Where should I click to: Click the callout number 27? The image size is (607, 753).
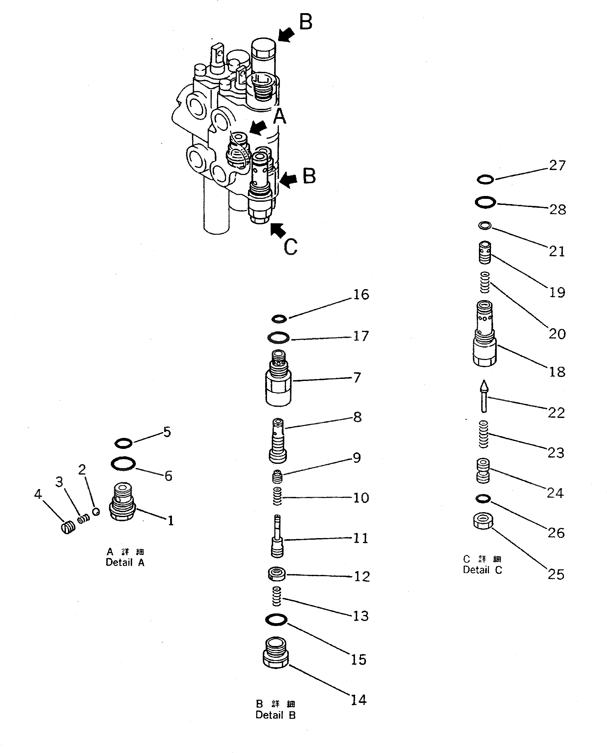click(x=557, y=165)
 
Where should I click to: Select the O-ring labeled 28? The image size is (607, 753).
click(x=485, y=202)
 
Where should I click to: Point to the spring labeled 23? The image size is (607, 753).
click(x=483, y=434)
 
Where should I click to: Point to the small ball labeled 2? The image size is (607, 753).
click(x=96, y=512)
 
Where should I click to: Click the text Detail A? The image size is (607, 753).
click(x=125, y=562)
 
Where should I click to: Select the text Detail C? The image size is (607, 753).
click(x=482, y=570)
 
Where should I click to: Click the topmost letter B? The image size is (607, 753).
click(x=306, y=22)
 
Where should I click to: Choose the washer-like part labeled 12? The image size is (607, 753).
click(x=276, y=574)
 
